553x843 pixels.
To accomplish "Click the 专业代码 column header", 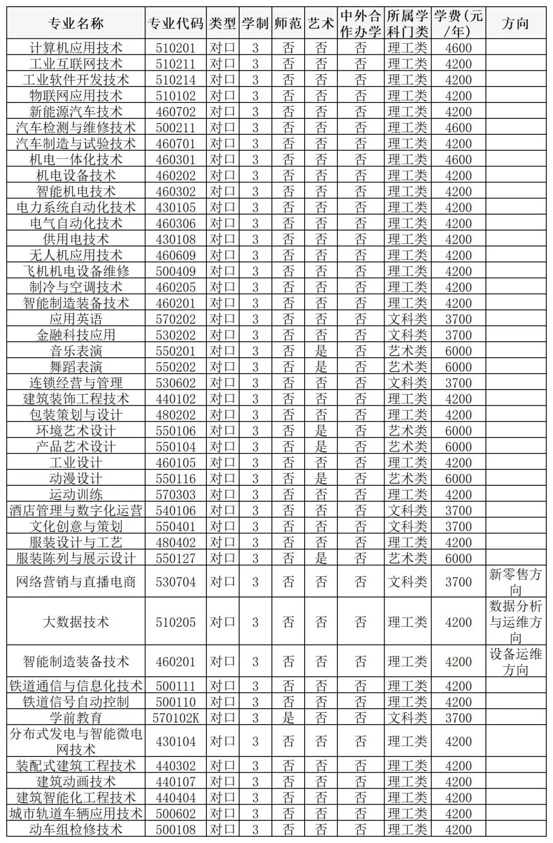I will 176,23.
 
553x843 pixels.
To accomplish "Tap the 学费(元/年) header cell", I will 458,23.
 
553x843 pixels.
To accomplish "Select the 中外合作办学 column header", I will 360,23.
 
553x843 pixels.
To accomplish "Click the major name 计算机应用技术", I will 76,48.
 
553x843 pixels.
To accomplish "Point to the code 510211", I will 176,64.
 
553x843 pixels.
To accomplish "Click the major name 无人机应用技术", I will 76,255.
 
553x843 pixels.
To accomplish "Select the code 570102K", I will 176,718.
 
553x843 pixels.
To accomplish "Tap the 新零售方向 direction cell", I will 515,582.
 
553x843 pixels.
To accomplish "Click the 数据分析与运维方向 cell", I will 515,622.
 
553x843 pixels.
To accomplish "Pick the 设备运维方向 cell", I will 515,662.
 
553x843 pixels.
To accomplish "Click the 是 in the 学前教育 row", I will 288,718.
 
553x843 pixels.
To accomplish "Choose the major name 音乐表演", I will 76,351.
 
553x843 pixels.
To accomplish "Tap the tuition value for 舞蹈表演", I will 458,367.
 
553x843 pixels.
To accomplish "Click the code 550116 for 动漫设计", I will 176,479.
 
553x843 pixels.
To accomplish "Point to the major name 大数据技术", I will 76,622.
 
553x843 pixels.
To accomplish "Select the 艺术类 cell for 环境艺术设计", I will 408,430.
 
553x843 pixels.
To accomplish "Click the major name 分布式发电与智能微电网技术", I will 76,742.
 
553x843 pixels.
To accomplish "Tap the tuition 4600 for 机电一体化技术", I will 458,159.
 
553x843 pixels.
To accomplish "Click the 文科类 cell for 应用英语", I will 408,319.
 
